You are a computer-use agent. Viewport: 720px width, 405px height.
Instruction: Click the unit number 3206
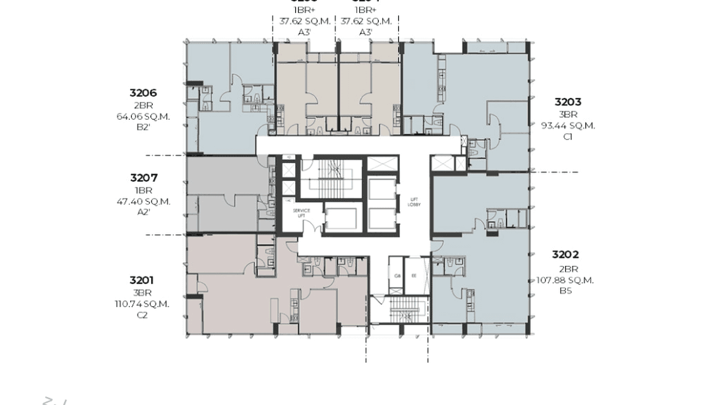tap(143, 93)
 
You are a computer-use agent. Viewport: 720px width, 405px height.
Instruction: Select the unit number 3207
tap(143, 178)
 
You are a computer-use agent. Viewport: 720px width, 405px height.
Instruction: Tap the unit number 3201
tap(142, 280)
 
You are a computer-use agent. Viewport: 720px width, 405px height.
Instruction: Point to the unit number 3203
tap(568, 102)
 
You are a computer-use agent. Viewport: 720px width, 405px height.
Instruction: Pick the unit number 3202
tap(565, 255)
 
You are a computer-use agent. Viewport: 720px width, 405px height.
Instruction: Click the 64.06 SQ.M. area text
tap(143, 117)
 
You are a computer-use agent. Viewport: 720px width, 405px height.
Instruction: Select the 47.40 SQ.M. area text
tap(143, 201)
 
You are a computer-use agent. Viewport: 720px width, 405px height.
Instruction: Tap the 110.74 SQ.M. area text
tap(142, 304)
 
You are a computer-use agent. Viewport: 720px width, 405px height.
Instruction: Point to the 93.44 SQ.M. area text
tap(568, 126)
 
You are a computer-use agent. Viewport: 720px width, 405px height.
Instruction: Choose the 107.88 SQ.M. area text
tap(565, 280)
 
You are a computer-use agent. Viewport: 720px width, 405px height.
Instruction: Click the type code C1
tap(568, 137)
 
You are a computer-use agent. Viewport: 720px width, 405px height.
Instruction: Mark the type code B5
tap(565, 291)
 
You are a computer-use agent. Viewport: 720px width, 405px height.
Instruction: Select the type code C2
tap(142, 315)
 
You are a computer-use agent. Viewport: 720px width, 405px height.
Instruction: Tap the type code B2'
tap(143, 128)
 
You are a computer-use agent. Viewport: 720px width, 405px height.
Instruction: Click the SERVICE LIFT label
tap(301, 213)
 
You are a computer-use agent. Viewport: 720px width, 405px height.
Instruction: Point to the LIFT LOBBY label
tap(414, 202)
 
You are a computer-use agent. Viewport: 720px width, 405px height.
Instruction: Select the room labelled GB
tap(398, 276)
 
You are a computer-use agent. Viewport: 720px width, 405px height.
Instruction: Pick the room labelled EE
tap(414, 276)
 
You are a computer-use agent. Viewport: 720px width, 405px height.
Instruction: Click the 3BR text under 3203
tap(568, 114)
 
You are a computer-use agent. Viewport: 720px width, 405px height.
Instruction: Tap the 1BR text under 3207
tap(143, 191)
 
